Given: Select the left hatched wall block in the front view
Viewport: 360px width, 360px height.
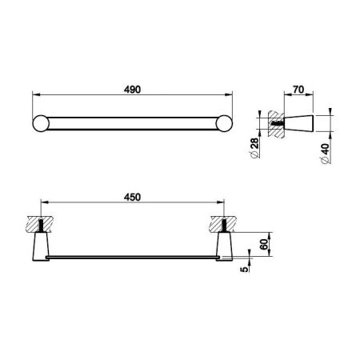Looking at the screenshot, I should click(x=40, y=222).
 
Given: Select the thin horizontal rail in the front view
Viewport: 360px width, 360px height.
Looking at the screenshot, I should click(x=132, y=258).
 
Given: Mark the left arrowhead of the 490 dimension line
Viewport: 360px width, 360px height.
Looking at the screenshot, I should click(x=33, y=96).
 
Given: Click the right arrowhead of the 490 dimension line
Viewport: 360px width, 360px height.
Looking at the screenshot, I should click(x=233, y=96).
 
